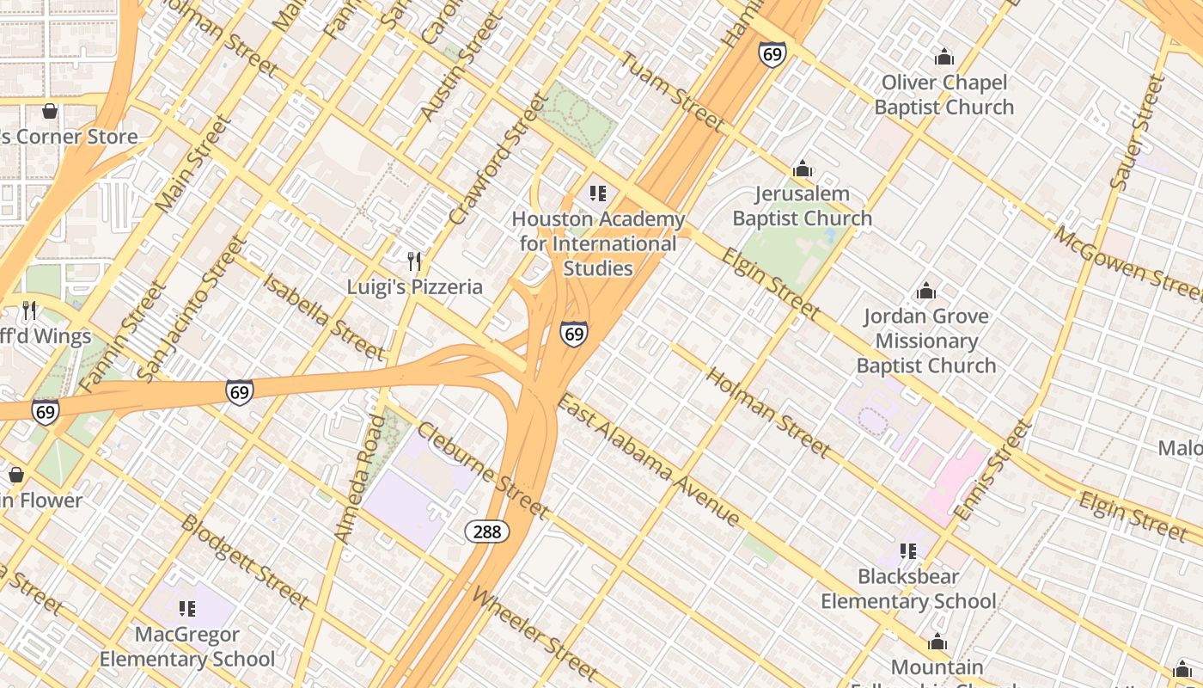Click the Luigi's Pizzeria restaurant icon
pos(414,261)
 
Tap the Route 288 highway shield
pos(487,531)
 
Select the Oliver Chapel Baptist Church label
pos(944,95)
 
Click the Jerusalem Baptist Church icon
pos(803,169)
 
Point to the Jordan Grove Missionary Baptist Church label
pos(926,341)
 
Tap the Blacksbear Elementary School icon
pos(908,550)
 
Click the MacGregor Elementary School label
pos(187,647)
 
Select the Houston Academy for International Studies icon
pos(598,193)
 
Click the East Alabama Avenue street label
pos(649,460)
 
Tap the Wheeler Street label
pos(534,633)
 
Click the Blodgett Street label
pos(245,561)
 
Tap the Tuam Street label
pos(674,92)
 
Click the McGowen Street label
pos(1127,263)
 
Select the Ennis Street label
pos(991,470)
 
